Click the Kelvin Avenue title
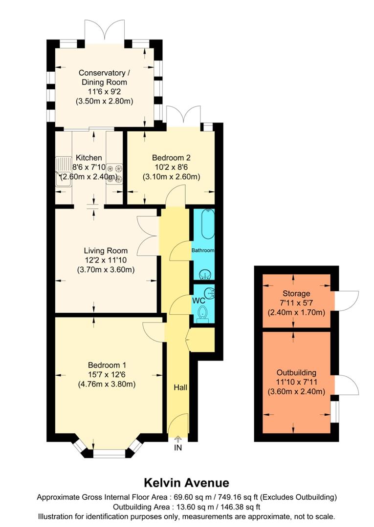click(x=186, y=483)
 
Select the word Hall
click(x=180, y=387)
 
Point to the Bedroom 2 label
click(x=171, y=158)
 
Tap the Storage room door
click(x=348, y=302)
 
